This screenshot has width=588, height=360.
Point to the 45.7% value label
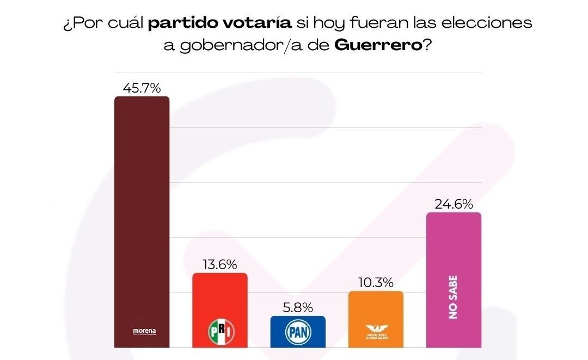point(142,88)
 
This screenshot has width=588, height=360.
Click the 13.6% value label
point(220,265)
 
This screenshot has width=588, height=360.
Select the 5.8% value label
point(298,308)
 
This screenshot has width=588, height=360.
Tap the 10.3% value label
point(376,283)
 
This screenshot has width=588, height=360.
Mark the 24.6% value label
point(454,204)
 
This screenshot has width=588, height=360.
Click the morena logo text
point(144,331)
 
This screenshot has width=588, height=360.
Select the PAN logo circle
point(298,331)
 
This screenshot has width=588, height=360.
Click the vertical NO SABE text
point(454,297)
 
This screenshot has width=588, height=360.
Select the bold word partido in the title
point(181,24)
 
